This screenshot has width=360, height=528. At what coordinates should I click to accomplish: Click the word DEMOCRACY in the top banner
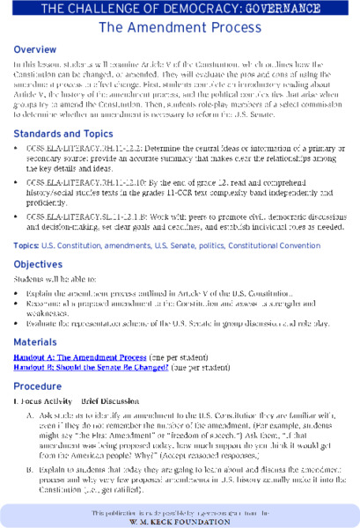190,9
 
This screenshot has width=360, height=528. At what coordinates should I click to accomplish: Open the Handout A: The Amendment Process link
80,359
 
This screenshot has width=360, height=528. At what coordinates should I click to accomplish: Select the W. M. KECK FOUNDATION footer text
180,519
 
